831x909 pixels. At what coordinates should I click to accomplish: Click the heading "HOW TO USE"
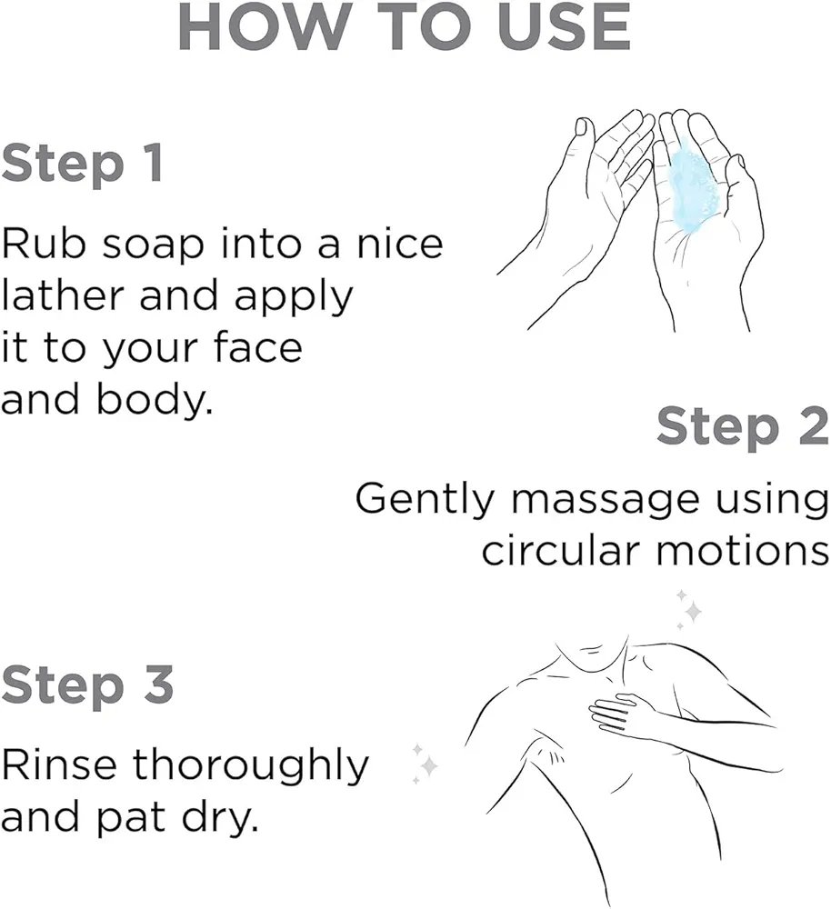pyautogui.click(x=405, y=27)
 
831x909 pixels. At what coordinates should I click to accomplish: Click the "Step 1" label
pyautogui.click(x=82, y=164)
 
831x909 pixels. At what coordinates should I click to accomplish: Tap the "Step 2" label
pyautogui.click(x=743, y=427)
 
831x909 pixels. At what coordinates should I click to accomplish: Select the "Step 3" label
pyautogui.click(x=87, y=685)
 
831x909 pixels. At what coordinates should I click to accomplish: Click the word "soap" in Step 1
pyautogui.click(x=153, y=247)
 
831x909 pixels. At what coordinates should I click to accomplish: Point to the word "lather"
pyautogui.click(x=63, y=295)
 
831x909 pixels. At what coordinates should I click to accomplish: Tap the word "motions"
pyautogui.click(x=743, y=550)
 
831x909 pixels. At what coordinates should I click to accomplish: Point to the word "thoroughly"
pyautogui.click(x=251, y=766)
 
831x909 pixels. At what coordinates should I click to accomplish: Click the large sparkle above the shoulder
pyautogui.click(x=693, y=611)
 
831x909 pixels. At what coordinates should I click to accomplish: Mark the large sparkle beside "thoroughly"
pyautogui.click(x=428, y=765)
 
